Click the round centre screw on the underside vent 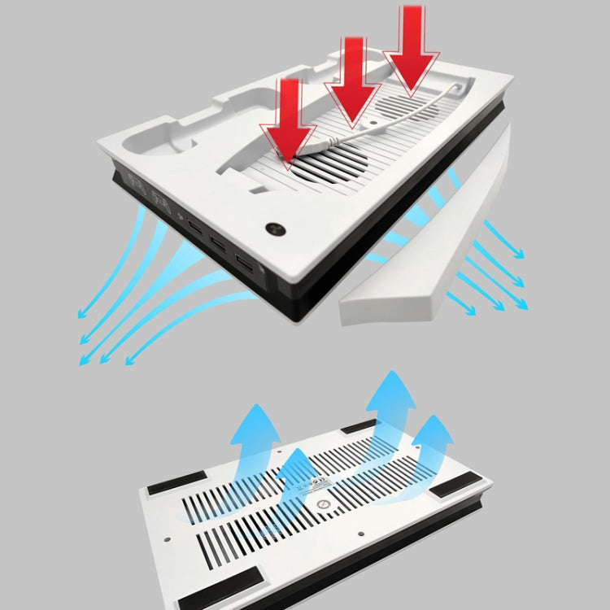click(324, 504)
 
